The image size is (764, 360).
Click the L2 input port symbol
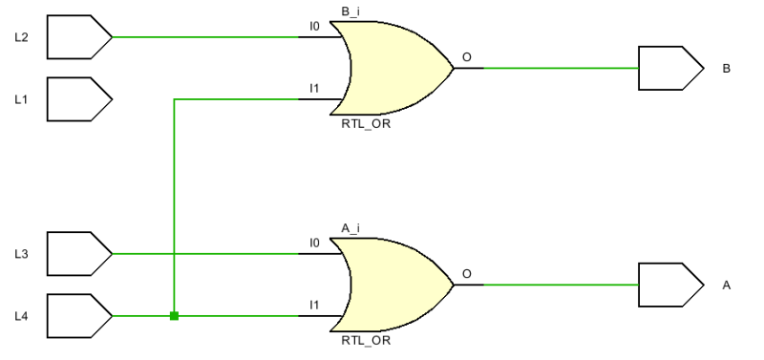click(x=78, y=37)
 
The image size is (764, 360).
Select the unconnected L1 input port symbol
click(x=78, y=98)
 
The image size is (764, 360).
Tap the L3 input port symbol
click(x=78, y=253)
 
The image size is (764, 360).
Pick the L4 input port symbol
click(x=78, y=315)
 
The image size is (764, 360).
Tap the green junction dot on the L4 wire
click(x=174, y=315)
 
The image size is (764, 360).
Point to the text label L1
click(x=22, y=99)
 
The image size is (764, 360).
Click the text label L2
click(x=22, y=38)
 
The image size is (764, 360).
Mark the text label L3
click(x=22, y=254)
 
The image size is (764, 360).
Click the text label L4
click(x=22, y=316)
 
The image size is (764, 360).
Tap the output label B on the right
click(x=727, y=69)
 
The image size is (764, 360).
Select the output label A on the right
click(x=727, y=286)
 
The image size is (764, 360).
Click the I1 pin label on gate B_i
click(x=314, y=88)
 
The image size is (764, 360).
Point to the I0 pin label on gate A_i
click(x=314, y=244)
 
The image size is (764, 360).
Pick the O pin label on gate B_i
click(x=467, y=57)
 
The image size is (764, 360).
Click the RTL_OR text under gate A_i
click(x=366, y=340)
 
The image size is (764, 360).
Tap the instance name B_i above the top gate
click(x=350, y=11)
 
